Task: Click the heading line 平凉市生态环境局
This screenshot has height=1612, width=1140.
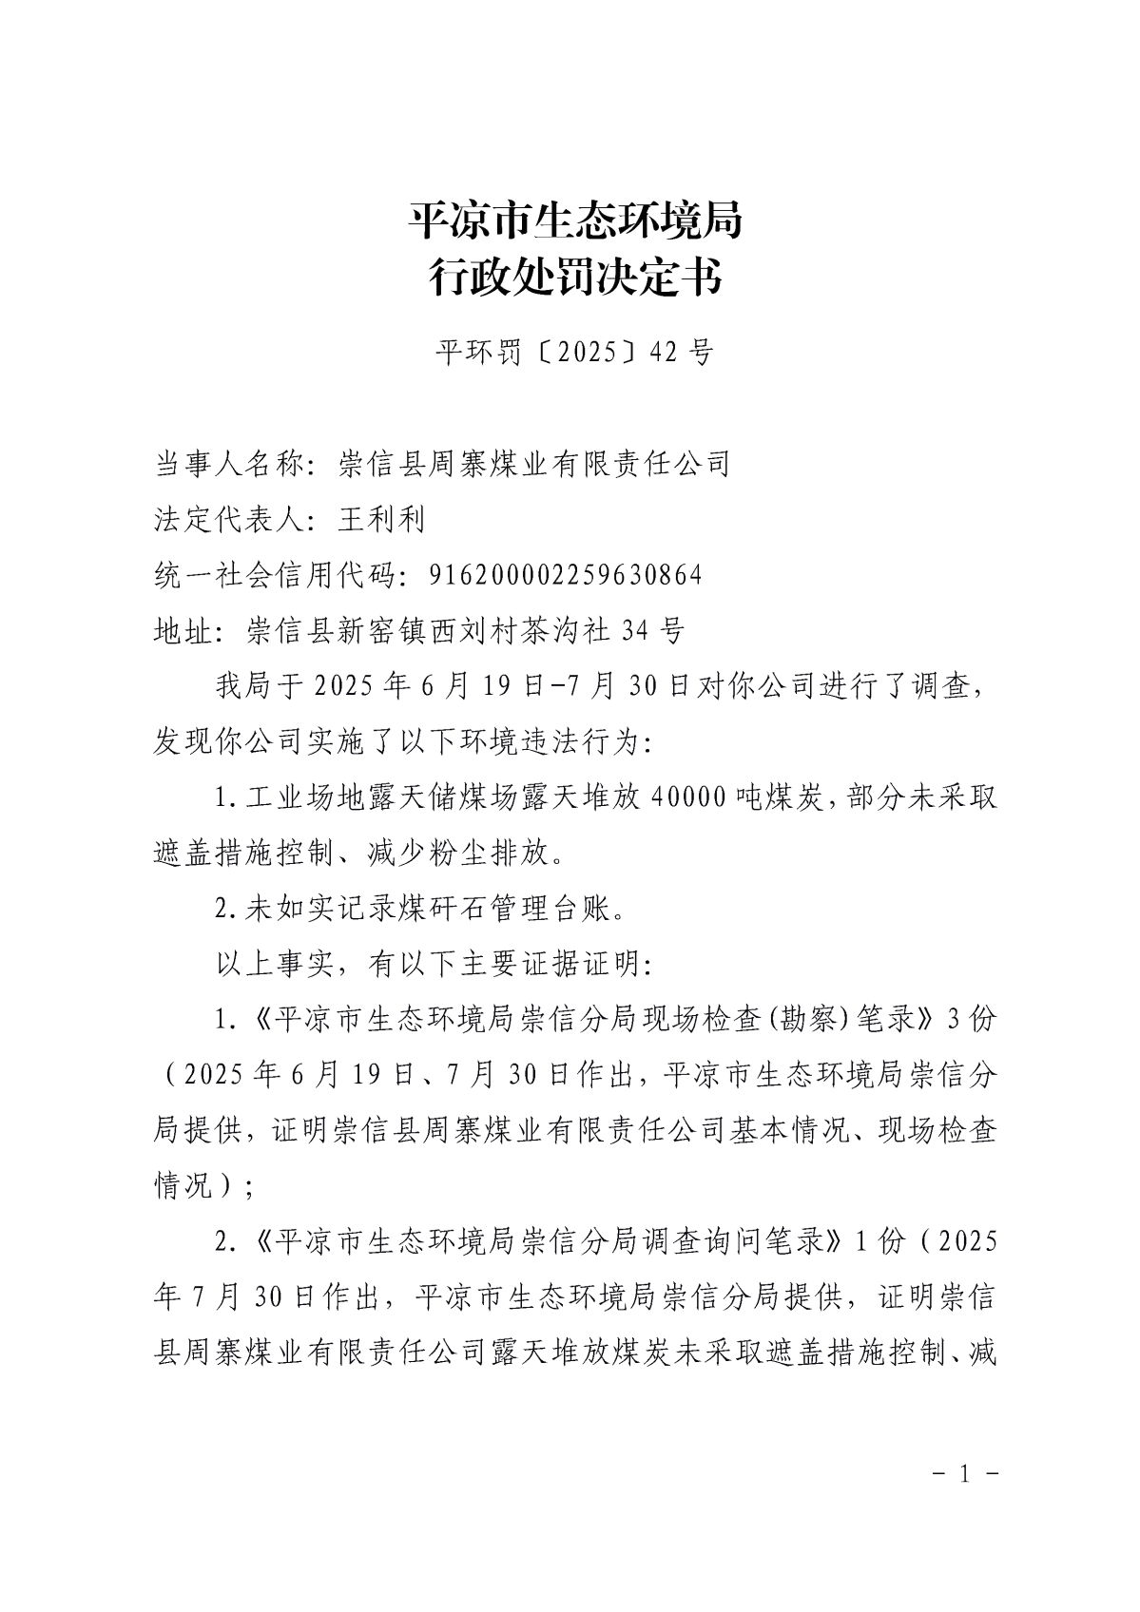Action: [x=574, y=221]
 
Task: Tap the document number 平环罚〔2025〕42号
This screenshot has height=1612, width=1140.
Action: [x=574, y=353]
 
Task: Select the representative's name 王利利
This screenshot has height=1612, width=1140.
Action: [x=381, y=519]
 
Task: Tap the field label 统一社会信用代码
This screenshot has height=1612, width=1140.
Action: [x=276, y=575]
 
